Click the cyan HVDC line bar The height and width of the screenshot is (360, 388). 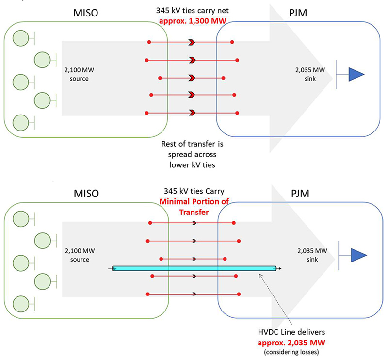pyautogui.click(x=194, y=268)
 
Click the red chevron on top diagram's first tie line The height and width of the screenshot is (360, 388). pyautogui.click(x=193, y=43)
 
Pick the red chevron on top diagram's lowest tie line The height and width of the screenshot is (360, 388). pyautogui.click(x=193, y=113)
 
